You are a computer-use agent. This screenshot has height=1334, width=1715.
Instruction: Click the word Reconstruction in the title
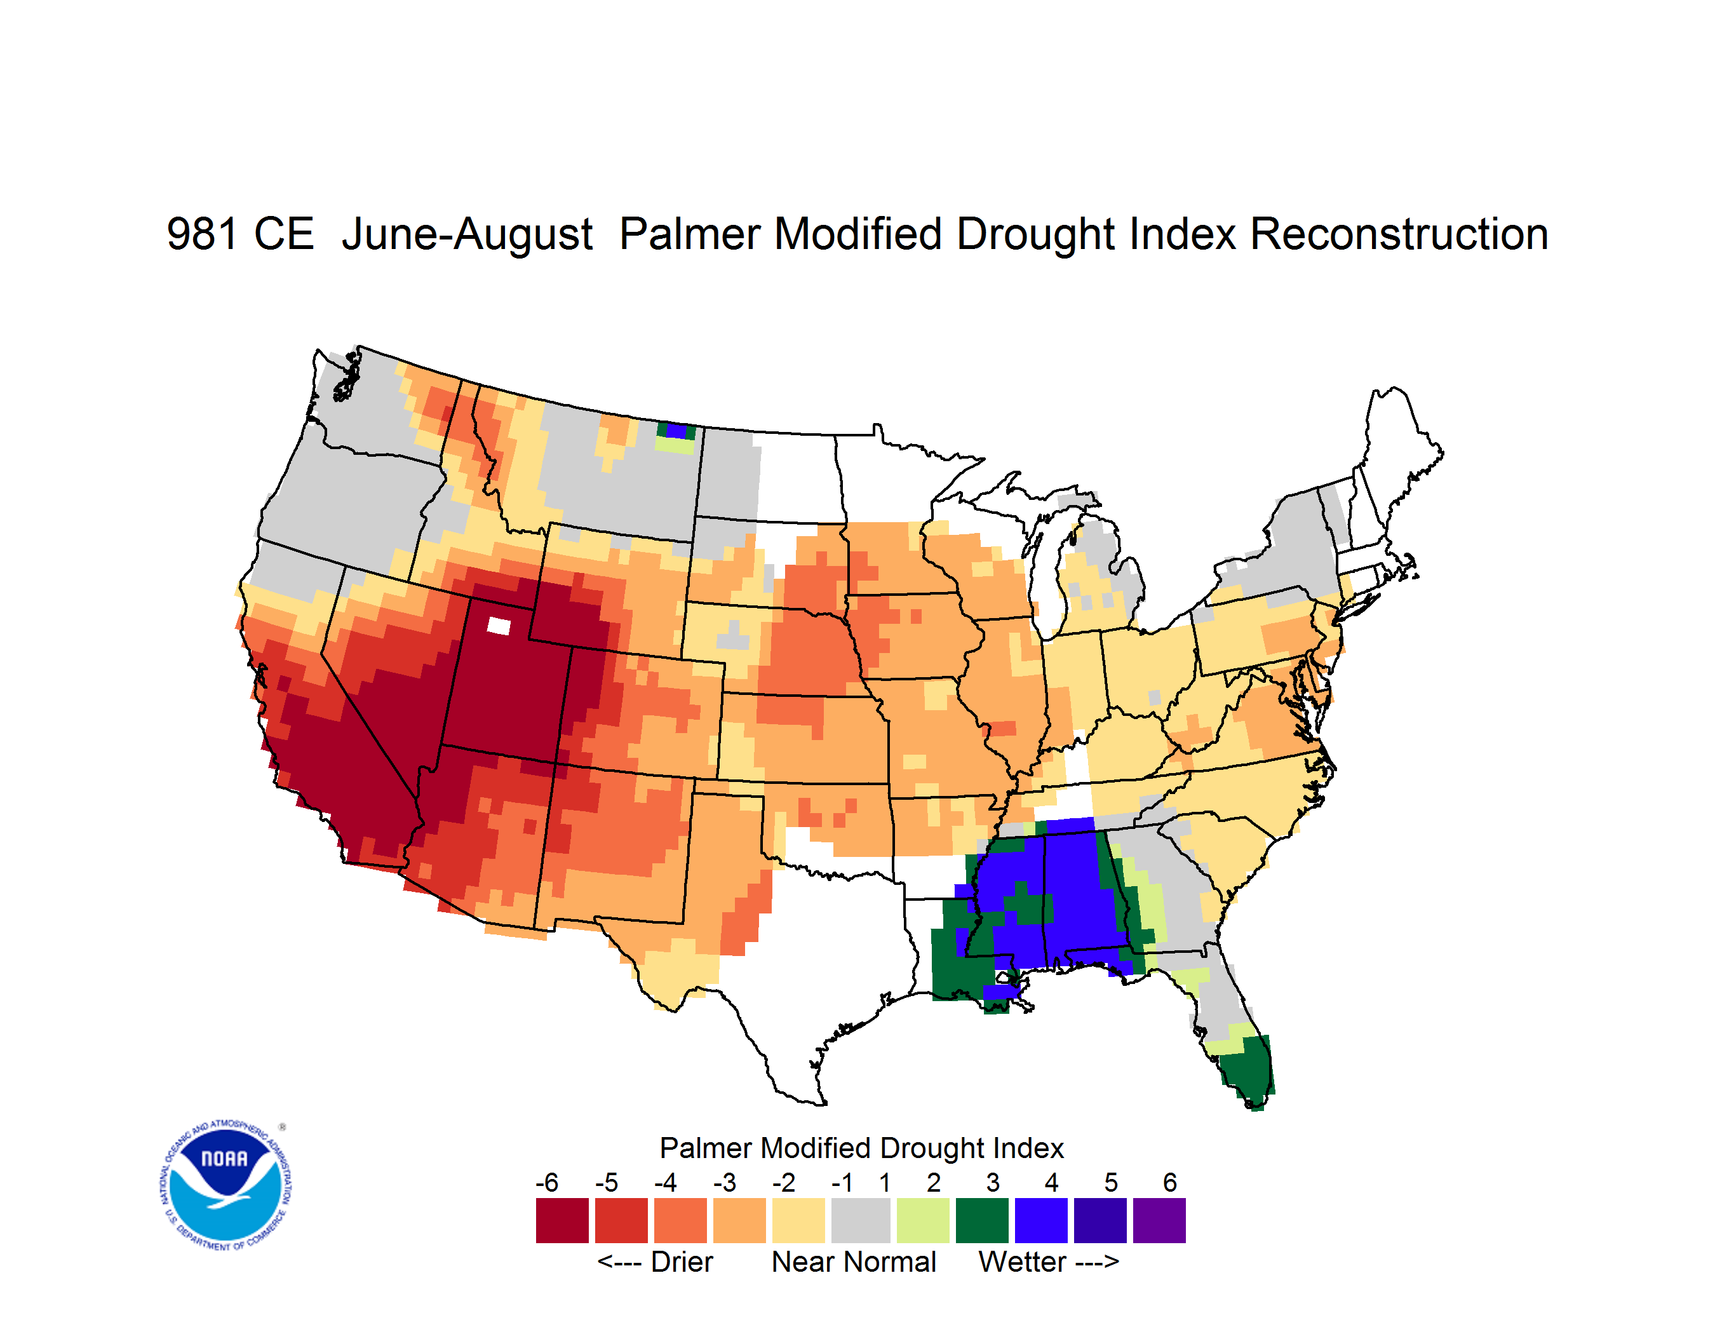pyautogui.click(x=1399, y=234)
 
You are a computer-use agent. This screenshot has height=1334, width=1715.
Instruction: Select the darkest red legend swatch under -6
pyautogui.click(x=562, y=1220)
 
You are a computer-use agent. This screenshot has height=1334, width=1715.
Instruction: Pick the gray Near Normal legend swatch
pyautogui.click(x=861, y=1220)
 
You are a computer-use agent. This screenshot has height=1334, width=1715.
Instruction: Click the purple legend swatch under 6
pyautogui.click(x=1159, y=1220)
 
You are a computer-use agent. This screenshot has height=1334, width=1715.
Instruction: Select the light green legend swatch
pyautogui.click(x=924, y=1220)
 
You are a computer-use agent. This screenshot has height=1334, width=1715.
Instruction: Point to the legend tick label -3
pyautogui.click(x=725, y=1182)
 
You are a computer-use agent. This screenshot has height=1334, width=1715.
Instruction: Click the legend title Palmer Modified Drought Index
pyautogui.click(x=861, y=1148)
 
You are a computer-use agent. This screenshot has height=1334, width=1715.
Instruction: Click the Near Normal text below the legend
pyautogui.click(x=854, y=1262)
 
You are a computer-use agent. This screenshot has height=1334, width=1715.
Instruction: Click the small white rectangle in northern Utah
pyautogui.click(x=499, y=626)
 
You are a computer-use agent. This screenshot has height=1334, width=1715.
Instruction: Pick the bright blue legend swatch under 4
pyautogui.click(x=1041, y=1220)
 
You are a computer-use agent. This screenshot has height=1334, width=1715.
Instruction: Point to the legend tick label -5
pyautogui.click(x=606, y=1182)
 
